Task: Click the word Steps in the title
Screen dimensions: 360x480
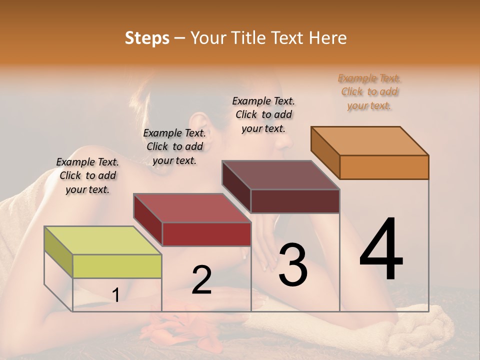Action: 147,38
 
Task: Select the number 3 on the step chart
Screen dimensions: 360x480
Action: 292,264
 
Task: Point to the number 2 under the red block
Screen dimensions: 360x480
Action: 201,279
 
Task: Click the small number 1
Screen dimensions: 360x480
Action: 115,295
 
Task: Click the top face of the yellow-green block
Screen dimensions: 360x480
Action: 102,240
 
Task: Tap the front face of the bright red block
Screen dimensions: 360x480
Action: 206,234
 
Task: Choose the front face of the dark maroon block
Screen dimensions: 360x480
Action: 295,201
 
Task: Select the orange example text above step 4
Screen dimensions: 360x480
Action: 369,92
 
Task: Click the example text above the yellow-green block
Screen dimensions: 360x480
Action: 87,175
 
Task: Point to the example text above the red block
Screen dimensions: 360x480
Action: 174,146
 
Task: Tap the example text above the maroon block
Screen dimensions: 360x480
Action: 263,114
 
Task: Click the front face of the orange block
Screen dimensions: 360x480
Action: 384,167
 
